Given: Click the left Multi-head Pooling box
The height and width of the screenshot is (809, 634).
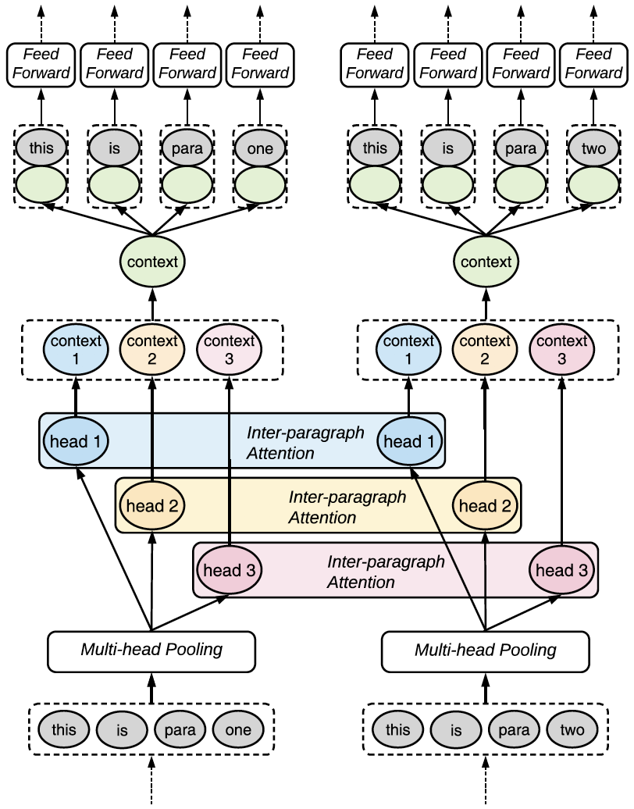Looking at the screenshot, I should click(x=151, y=650).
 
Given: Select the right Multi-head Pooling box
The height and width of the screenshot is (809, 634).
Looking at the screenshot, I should click(x=485, y=650).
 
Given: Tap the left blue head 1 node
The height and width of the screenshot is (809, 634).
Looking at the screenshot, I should click(x=76, y=441).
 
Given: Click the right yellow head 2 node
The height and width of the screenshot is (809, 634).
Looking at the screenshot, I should click(x=485, y=506).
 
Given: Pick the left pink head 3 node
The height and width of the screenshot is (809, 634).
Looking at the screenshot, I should click(x=230, y=570).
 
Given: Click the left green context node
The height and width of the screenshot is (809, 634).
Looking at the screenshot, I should click(x=152, y=262).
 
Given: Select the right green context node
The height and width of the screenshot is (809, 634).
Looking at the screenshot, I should click(x=486, y=262).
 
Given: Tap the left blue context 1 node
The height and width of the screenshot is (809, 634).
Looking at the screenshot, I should click(x=76, y=348).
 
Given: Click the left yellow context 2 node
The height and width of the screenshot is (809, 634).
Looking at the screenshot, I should click(x=152, y=348).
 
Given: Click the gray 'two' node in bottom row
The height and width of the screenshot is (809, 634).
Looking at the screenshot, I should click(x=572, y=730).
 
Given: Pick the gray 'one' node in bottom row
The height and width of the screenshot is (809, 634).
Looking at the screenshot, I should click(x=238, y=730).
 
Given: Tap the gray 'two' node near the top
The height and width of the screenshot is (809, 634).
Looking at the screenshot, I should click(x=593, y=148).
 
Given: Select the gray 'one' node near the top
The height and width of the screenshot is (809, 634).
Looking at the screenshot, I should click(x=260, y=148).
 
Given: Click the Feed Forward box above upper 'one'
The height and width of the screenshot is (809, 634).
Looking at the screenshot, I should click(x=260, y=64).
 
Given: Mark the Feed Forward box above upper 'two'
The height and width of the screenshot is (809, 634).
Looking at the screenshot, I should click(x=593, y=64).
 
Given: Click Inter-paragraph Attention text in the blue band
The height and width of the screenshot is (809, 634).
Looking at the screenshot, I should click(x=305, y=443).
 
